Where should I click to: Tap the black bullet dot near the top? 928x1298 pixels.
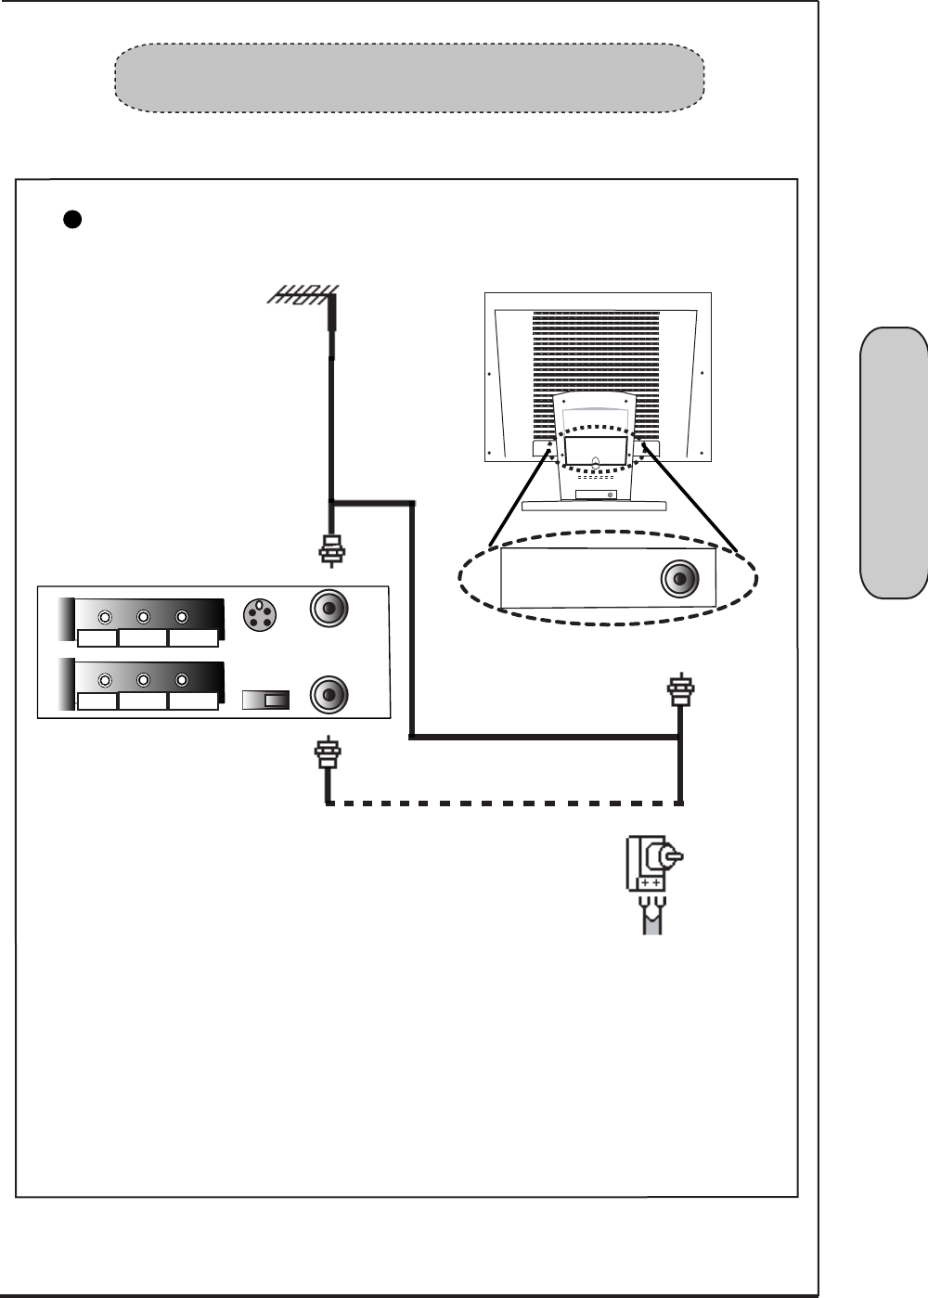(x=72, y=219)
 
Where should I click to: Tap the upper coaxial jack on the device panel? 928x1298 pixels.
(x=329, y=610)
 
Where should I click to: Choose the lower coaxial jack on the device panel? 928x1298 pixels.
(x=329, y=694)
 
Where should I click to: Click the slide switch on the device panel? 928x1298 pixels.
(x=266, y=700)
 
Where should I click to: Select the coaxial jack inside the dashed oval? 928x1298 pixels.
(x=680, y=580)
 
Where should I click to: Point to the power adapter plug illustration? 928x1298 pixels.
(x=655, y=881)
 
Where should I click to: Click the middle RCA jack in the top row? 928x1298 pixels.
(x=144, y=617)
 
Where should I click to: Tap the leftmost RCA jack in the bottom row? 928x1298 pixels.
(x=105, y=680)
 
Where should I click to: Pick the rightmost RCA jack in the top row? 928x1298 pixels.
(x=182, y=617)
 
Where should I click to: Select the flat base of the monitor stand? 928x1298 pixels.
(x=594, y=507)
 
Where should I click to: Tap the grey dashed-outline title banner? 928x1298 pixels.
(x=408, y=78)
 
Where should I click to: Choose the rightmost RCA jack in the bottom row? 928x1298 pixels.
(x=182, y=680)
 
